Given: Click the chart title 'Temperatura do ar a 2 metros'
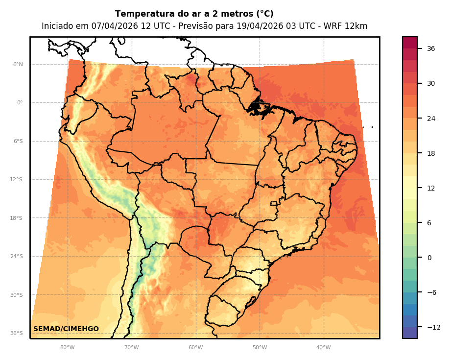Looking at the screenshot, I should coord(194,14).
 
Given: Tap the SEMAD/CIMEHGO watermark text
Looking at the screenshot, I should coord(66,329).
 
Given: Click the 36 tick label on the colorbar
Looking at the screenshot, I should coord(431,48).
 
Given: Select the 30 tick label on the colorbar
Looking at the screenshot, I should coord(431,83).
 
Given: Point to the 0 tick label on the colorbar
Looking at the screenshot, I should coord(429,258).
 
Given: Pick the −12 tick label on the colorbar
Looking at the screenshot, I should coord(433,327).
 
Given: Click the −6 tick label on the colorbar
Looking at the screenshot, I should coord(431,292).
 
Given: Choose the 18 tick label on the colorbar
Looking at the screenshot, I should coord(431,153).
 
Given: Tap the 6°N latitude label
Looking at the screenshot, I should coord(18,65).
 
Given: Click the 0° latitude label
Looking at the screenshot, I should coord(20,103).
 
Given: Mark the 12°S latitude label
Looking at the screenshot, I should coord(16,180).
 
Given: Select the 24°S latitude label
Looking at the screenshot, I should coord(16,257).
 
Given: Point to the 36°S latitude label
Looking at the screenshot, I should coord(16,334).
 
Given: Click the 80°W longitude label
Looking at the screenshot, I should coord(68,348).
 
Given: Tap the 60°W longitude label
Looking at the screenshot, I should coord(195,348).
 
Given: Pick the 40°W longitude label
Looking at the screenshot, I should coord(323,348).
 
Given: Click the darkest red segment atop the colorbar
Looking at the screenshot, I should coord(410,43).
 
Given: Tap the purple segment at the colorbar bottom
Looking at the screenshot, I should coord(410,333).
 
